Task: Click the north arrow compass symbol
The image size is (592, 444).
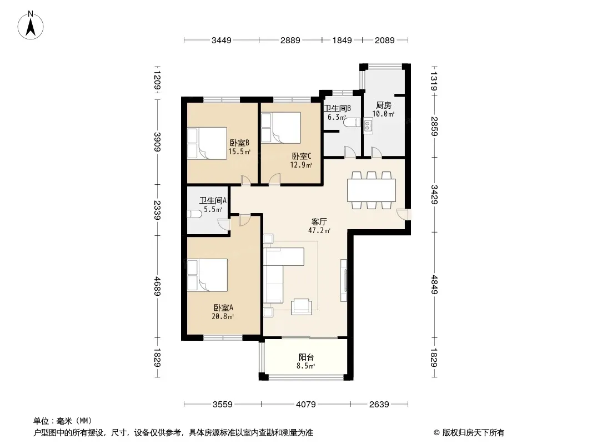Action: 31,26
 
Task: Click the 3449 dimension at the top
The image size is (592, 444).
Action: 221,40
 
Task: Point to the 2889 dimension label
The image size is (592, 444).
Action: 290,40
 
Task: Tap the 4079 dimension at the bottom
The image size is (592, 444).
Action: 306,405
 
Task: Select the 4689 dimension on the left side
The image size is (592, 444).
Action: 157,286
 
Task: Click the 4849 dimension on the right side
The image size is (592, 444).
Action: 434,284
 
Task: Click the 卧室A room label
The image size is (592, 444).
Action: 223,308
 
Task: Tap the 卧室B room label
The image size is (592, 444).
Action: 240,143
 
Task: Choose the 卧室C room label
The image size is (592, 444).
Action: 302,156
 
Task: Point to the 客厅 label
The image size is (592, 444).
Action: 319,221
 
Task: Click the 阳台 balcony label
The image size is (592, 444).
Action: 306,357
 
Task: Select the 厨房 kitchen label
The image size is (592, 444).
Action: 384,105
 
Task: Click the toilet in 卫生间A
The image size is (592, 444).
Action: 195,214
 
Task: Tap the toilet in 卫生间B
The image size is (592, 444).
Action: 352,123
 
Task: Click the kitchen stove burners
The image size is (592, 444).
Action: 368,125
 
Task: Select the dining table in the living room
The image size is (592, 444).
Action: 372,190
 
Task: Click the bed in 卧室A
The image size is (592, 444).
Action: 207,275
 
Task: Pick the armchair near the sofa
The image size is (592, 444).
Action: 302,306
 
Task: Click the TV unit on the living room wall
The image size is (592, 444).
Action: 344,280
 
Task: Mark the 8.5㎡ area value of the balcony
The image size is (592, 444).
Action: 305,366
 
